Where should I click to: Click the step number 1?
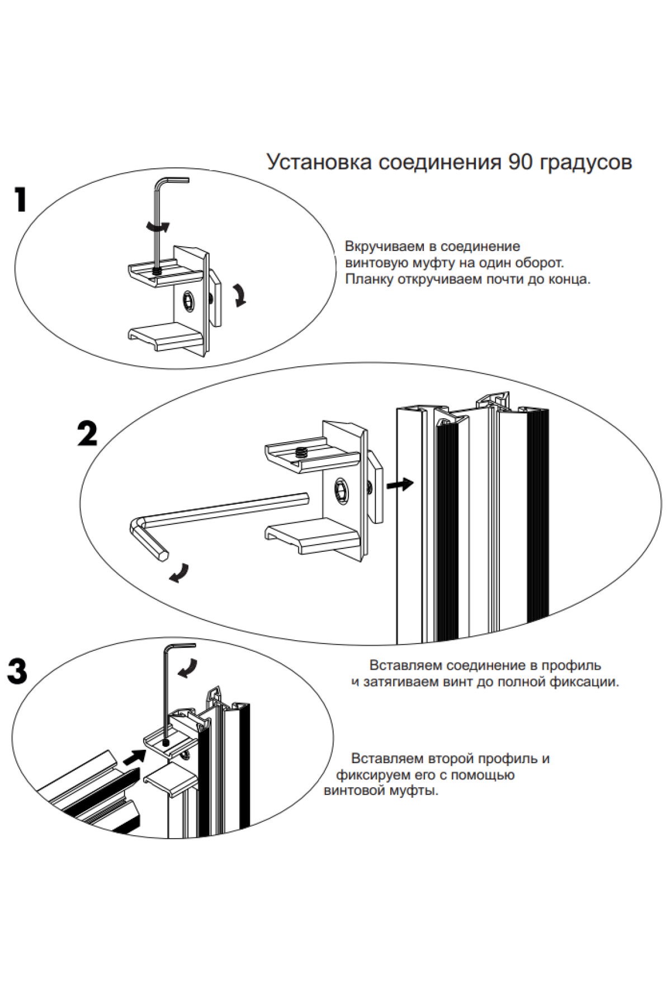21,200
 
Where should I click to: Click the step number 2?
87,433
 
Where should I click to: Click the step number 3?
17,671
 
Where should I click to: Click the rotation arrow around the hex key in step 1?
157,226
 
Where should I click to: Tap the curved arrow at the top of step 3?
187,668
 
